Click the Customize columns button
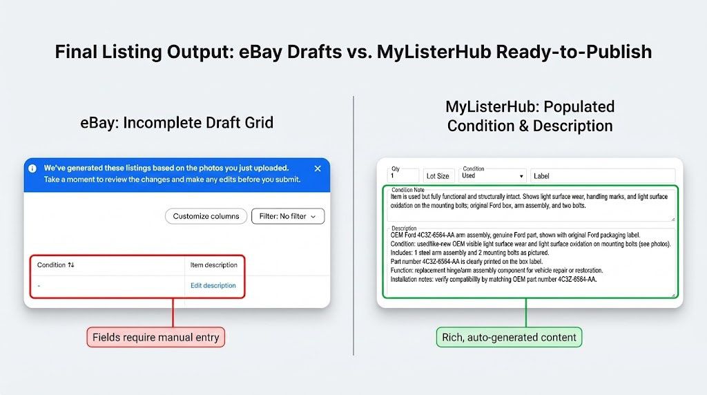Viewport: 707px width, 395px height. [x=206, y=216]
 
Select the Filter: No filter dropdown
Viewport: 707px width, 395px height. [x=287, y=216]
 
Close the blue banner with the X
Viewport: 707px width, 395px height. [x=318, y=168]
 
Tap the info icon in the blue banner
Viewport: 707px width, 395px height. [x=32, y=168]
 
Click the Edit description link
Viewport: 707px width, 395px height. [x=213, y=285]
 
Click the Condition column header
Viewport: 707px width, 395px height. [x=56, y=264]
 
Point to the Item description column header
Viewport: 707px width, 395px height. [x=214, y=264]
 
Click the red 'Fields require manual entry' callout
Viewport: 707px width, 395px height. [x=156, y=338]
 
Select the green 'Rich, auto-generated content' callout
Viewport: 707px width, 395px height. [x=510, y=338]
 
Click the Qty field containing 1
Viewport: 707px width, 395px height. [x=403, y=176]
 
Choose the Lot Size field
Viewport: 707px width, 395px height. [x=438, y=176]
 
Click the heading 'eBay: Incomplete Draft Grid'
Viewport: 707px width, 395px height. [x=177, y=123]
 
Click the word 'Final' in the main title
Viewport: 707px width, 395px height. [x=76, y=52]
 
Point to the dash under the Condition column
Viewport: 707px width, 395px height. [x=39, y=286]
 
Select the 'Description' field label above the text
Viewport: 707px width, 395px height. [x=405, y=228]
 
